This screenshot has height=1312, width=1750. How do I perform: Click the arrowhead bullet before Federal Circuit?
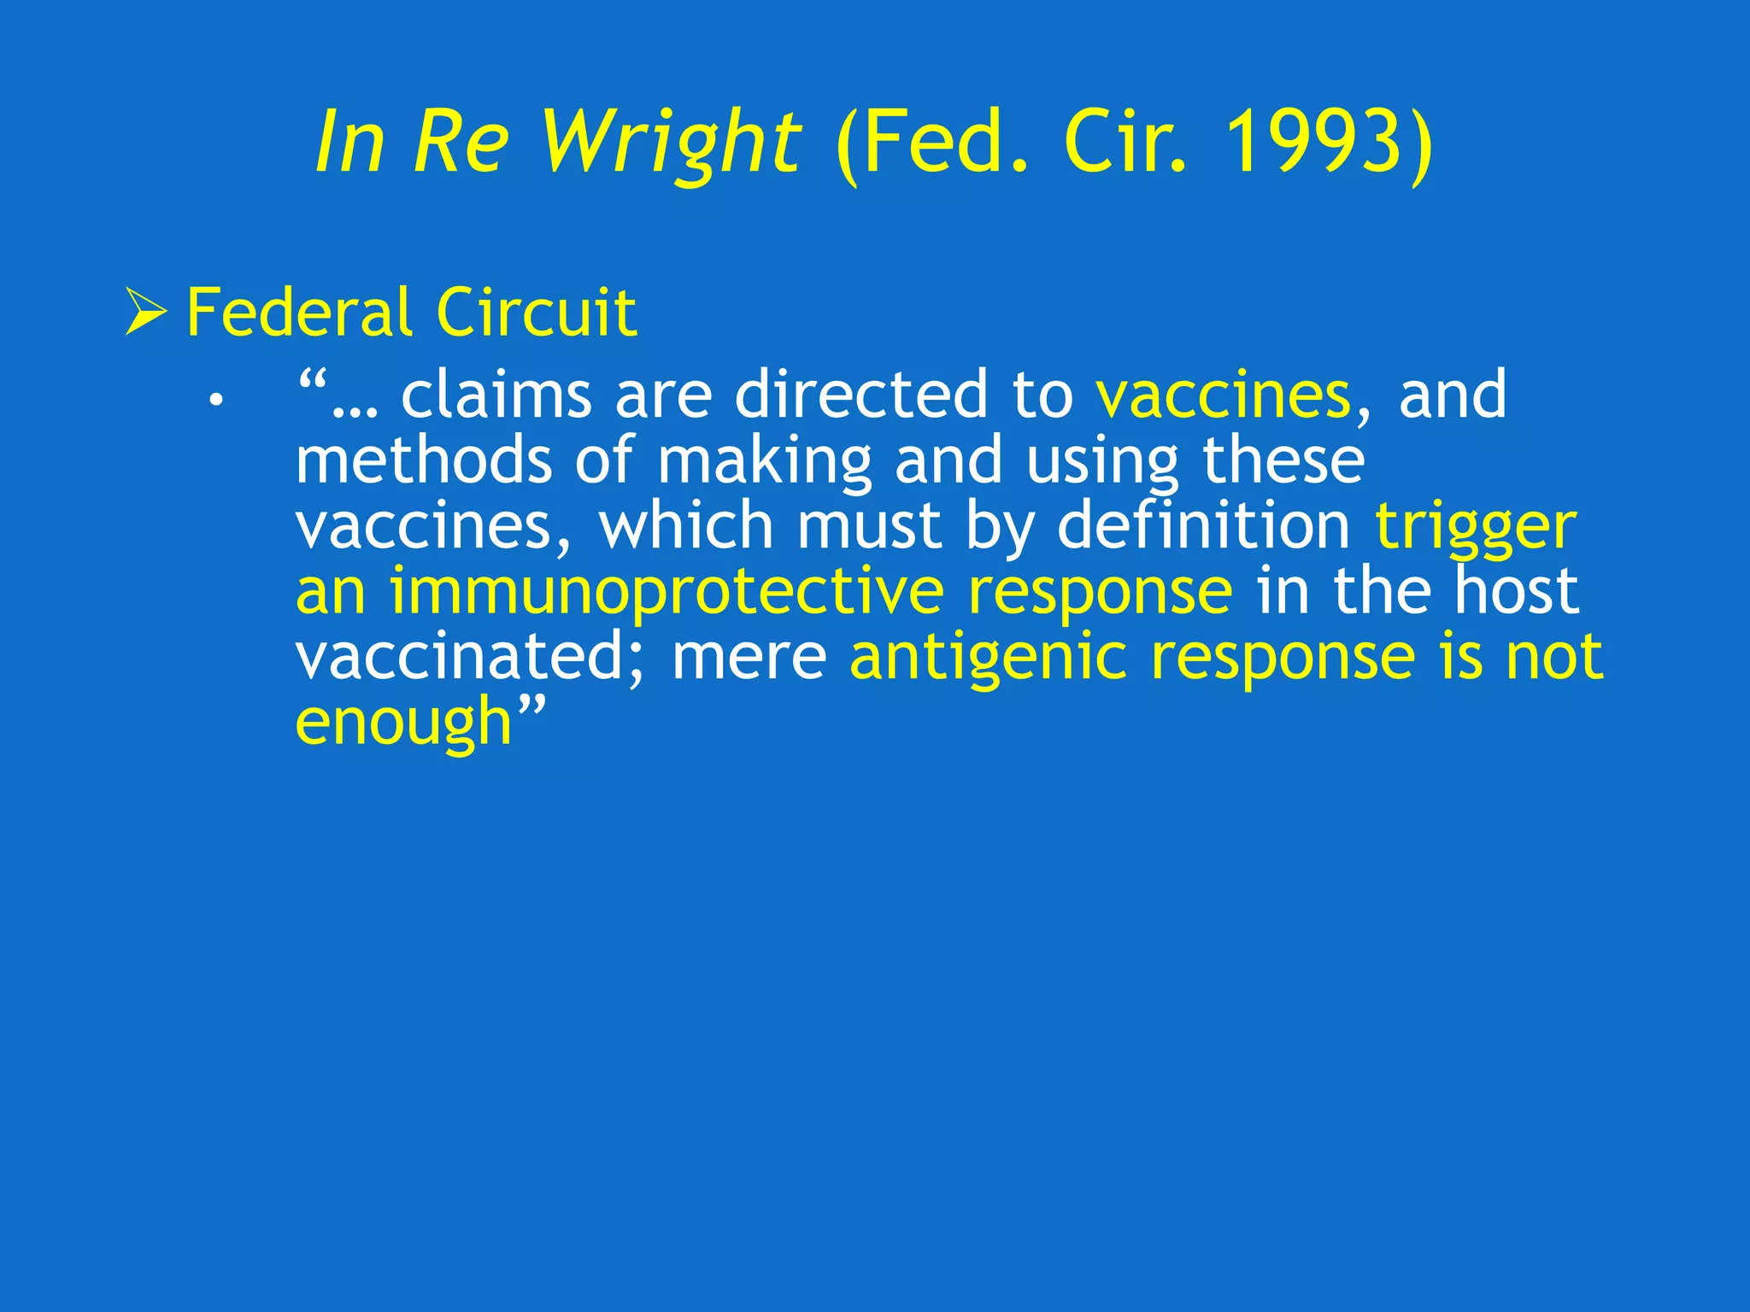coord(145,312)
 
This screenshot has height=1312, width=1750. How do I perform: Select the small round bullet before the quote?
coord(217,399)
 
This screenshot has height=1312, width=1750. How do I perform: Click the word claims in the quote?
coord(496,395)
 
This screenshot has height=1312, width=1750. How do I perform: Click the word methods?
coord(423,460)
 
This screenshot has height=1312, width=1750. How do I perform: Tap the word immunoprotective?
coord(667,592)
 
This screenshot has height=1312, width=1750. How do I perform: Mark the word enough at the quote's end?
coord(402,723)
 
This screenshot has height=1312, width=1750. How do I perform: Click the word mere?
coord(749,659)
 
